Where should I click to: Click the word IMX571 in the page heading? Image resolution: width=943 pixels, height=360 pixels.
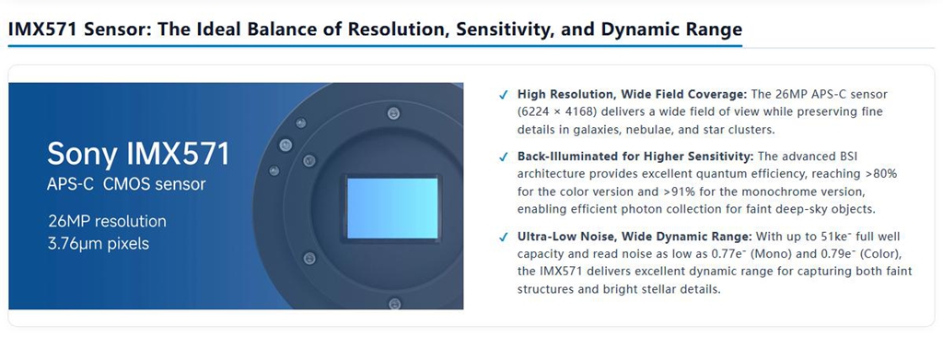point(42,29)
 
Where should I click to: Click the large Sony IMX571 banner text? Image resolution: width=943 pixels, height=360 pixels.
point(138,154)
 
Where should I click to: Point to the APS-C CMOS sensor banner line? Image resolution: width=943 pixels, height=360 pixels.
point(126,184)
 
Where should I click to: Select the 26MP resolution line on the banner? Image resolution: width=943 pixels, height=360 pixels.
point(107,221)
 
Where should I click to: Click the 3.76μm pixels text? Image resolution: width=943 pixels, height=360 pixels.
point(99,243)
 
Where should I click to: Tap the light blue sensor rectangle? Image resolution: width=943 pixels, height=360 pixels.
point(392,208)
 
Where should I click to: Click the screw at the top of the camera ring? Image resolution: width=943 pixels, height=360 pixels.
point(393,111)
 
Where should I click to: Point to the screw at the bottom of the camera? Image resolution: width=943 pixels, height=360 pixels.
point(394,304)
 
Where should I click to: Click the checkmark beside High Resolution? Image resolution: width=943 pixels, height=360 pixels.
point(504,95)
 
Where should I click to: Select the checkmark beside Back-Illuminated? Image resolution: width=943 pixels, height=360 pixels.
point(504,157)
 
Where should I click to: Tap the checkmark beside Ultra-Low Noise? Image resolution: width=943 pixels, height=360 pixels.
point(504,238)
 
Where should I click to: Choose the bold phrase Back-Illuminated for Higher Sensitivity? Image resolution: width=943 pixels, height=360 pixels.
point(635,157)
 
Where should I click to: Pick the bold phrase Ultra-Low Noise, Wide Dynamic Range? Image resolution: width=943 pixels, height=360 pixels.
point(635,237)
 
